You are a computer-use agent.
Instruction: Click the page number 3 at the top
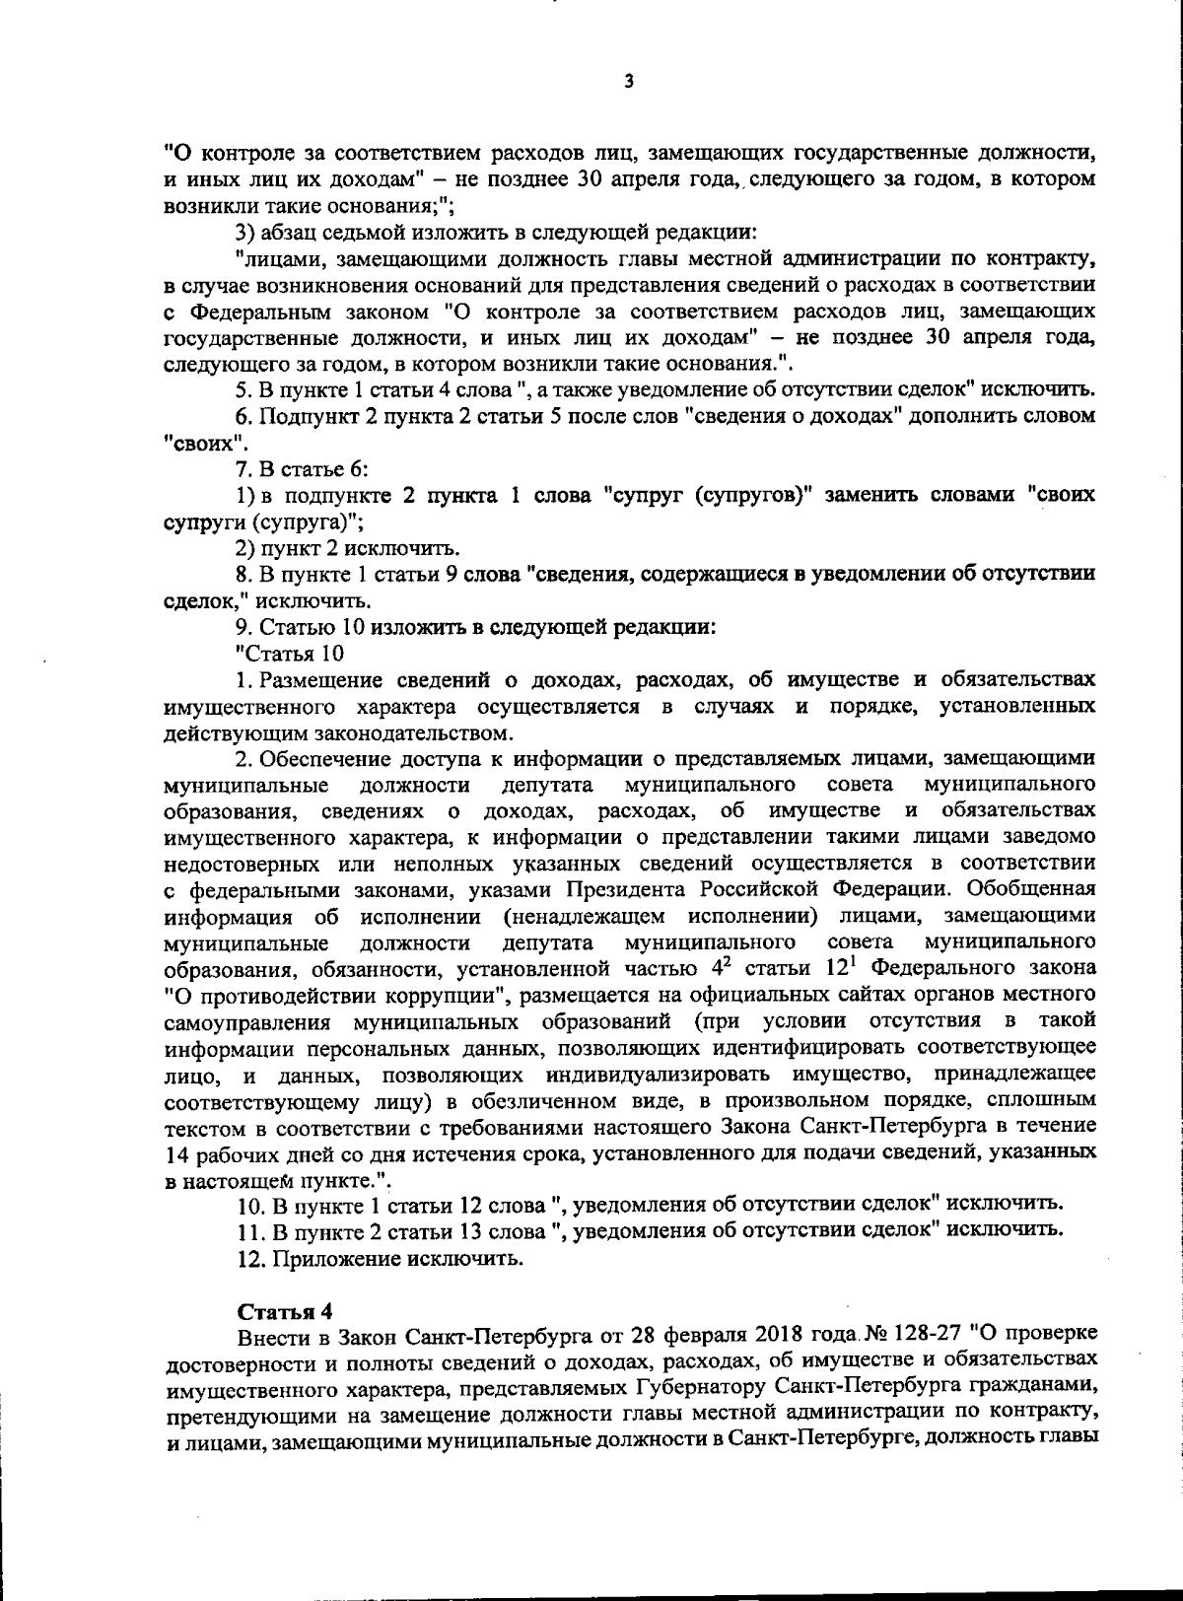coord(629,83)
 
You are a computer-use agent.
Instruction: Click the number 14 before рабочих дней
coord(179,1152)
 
